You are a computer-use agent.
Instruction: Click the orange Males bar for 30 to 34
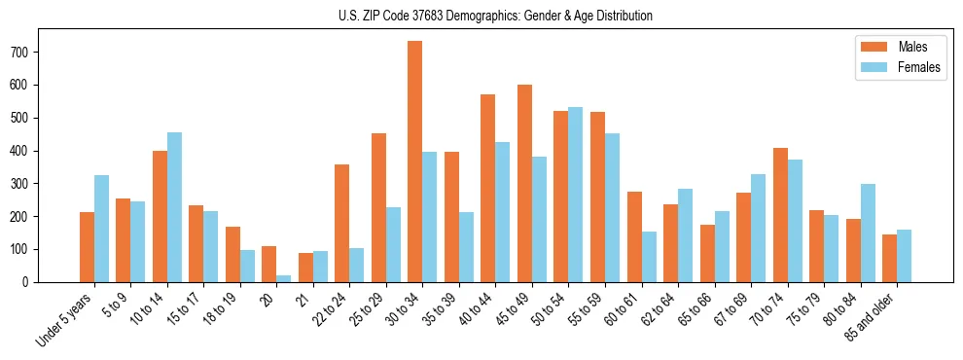pyautogui.click(x=415, y=162)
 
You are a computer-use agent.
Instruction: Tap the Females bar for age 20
pyautogui.click(x=284, y=278)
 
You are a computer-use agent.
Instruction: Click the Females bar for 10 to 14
pyautogui.click(x=174, y=207)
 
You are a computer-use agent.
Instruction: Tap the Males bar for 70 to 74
pyautogui.click(x=780, y=215)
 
